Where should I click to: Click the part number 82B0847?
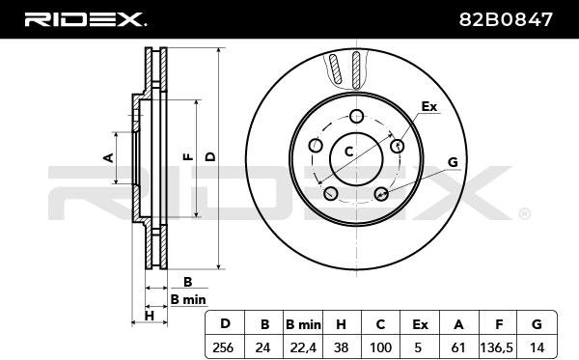click(x=506, y=19)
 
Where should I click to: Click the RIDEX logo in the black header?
click(x=85, y=19)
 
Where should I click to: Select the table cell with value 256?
click(x=225, y=347)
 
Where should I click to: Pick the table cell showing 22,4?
click(x=303, y=347)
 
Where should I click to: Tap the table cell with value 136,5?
click(x=497, y=347)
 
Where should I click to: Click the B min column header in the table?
click(x=303, y=324)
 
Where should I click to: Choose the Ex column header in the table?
click(x=420, y=324)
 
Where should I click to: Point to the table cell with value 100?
click(x=380, y=347)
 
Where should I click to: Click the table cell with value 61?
click(x=458, y=347)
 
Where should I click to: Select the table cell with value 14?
click(x=537, y=347)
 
